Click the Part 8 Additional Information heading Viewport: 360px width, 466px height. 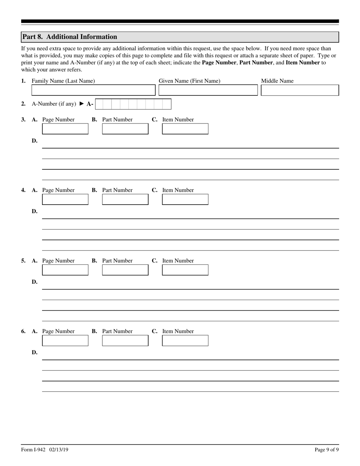pos(70,37)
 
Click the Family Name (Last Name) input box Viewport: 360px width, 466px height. pos(93,90)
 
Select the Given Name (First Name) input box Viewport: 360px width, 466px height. pos(208,90)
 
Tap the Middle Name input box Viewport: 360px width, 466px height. pos(300,90)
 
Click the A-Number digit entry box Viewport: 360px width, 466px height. pos(133,104)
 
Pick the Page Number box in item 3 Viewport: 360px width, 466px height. pos(65,129)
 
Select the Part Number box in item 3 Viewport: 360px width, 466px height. pos(125,129)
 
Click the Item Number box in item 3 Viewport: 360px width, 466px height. pos(185,129)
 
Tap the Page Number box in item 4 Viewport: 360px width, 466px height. pos(65,199)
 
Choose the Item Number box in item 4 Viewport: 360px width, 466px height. pos(185,199)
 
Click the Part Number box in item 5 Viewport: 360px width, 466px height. pos(125,270)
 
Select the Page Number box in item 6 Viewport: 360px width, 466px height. pos(65,340)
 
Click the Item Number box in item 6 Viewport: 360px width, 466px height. pos(185,340)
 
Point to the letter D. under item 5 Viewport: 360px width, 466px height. pos(34,282)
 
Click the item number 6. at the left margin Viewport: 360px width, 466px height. pos(23,331)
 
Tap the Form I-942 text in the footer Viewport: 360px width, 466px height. pos(33,450)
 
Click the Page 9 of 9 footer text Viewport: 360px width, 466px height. pos(327,450)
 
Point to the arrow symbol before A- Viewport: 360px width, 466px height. pos(81,104)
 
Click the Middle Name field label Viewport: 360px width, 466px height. pos(277,81)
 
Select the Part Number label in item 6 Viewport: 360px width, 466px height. pos(117,331)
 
